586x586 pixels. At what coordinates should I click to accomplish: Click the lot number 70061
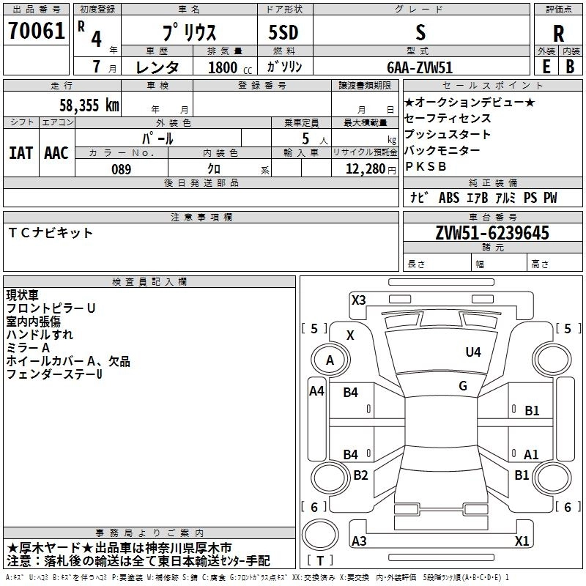(x=37, y=32)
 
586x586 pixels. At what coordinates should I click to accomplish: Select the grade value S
(x=420, y=32)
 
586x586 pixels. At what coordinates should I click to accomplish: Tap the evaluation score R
(x=558, y=34)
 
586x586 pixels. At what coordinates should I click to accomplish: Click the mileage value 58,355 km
(x=89, y=105)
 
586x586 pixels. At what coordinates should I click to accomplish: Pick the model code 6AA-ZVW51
(x=420, y=67)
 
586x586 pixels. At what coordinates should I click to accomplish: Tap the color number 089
(x=121, y=169)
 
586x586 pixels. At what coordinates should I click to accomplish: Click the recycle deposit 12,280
(x=365, y=169)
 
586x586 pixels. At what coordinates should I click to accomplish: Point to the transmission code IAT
(x=21, y=153)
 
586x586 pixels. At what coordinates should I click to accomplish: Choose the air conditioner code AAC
(x=56, y=153)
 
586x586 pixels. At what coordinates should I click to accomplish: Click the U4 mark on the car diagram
(x=473, y=352)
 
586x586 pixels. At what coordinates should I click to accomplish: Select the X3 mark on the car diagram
(x=358, y=300)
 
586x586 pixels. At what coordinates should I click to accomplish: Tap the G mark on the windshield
(x=463, y=385)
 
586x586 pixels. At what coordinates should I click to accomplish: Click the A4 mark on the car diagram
(x=316, y=391)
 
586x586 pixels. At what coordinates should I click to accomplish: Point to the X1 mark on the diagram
(x=522, y=541)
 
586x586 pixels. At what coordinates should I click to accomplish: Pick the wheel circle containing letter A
(x=330, y=360)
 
